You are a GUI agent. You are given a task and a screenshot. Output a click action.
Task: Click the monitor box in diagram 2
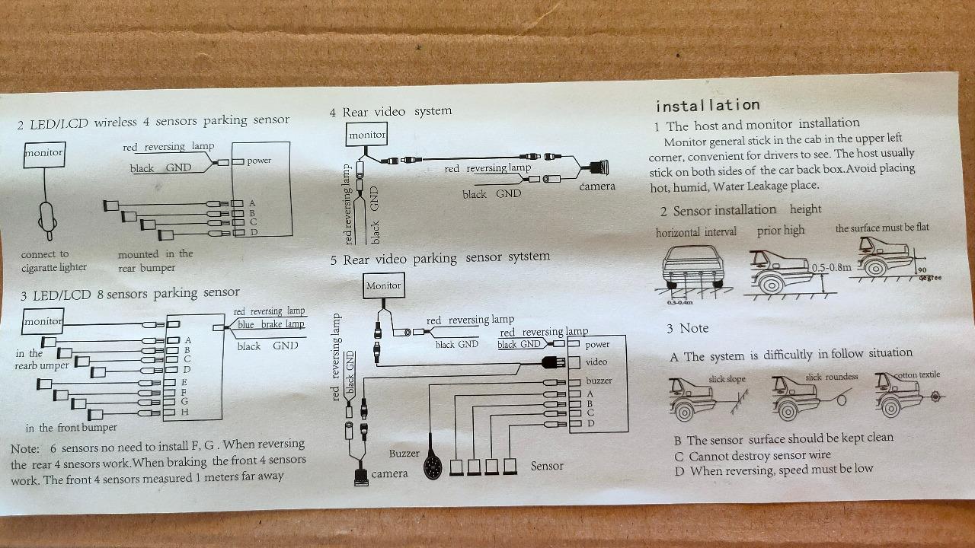pyautogui.click(x=43, y=154)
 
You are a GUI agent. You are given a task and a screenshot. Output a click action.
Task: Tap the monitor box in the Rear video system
pyautogui.click(x=367, y=135)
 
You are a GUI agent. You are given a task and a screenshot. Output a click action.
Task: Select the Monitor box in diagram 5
pyautogui.click(x=383, y=286)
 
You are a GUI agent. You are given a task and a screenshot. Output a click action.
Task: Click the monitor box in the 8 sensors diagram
pyautogui.click(x=43, y=321)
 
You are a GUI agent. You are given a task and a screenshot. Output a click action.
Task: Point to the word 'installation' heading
pyautogui.click(x=708, y=106)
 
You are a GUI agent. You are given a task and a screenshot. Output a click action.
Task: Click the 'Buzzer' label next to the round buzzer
pyautogui.click(x=404, y=454)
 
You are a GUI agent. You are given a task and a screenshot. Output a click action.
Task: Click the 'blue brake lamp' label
pyautogui.click(x=270, y=325)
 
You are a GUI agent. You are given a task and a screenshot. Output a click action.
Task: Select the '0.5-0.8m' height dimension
pyautogui.click(x=831, y=268)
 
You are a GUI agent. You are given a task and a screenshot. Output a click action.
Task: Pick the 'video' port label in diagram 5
pyautogui.click(x=596, y=362)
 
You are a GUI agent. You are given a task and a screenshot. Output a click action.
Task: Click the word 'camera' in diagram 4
pyautogui.click(x=596, y=186)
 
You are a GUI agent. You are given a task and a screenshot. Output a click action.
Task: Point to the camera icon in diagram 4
pyautogui.click(x=595, y=167)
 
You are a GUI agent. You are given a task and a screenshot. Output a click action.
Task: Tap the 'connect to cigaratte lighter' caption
pyautogui.click(x=54, y=261)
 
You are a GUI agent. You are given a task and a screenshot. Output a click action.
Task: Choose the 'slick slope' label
pyautogui.click(x=727, y=379)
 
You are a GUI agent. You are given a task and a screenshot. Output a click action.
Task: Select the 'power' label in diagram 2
pyautogui.click(x=259, y=161)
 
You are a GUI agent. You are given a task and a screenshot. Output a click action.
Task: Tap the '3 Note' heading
pyautogui.click(x=687, y=329)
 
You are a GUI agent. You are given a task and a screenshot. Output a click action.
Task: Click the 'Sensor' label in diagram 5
pyautogui.click(x=547, y=466)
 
